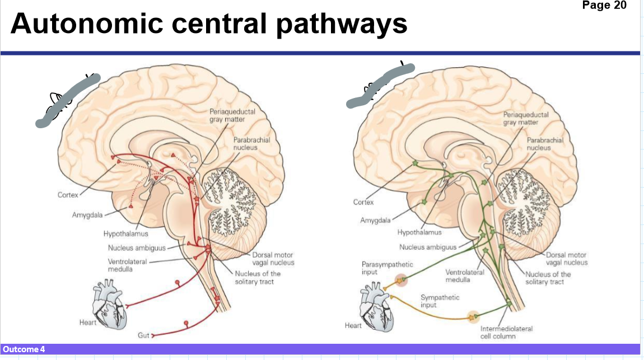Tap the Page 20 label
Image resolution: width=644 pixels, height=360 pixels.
click(x=604, y=6)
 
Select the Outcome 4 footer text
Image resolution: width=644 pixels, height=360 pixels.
click(x=24, y=349)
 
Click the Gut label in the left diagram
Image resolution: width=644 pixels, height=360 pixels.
click(x=143, y=335)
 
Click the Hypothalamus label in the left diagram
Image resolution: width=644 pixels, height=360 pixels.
click(x=125, y=233)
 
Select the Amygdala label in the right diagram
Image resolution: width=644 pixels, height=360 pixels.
click(x=375, y=221)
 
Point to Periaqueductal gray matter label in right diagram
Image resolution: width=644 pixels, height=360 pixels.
click(x=525, y=118)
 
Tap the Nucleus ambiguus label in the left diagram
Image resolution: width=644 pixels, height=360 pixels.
click(x=136, y=248)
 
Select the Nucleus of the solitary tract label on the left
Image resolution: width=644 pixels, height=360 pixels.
click(x=258, y=277)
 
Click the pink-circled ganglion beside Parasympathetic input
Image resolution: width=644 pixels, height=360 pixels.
click(x=402, y=280)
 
